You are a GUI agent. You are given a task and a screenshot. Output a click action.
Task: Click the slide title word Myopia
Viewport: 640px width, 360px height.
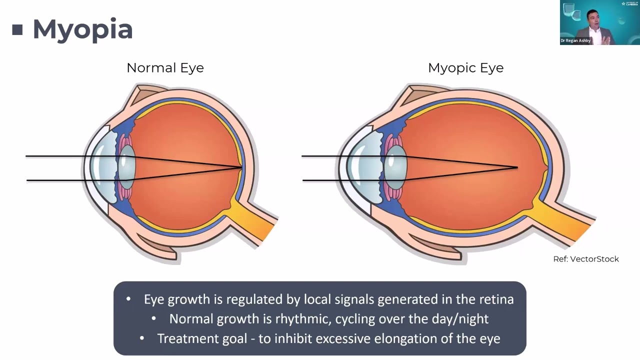coord(82,29)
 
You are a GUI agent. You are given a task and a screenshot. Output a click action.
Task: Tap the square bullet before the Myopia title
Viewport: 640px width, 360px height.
coord(17,30)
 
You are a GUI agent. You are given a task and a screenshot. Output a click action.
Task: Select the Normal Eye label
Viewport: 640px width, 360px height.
coord(165,68)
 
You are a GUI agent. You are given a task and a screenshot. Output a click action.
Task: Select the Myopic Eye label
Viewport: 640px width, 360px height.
coord(465,68)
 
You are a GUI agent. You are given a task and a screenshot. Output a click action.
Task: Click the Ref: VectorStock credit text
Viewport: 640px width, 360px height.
coord(586,259)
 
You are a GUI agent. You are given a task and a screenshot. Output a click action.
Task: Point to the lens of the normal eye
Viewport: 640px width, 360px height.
coord(126,167)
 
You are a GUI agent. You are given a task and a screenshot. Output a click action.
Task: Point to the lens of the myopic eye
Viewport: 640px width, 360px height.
coord(396,167)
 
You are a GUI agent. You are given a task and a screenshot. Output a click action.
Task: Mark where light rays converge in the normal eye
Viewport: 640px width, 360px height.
coord(242,167)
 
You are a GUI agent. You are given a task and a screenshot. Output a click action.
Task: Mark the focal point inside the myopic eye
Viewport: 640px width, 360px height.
coord(516,167)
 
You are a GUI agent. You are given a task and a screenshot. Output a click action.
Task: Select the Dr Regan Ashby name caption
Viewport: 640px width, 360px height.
coord(576,40)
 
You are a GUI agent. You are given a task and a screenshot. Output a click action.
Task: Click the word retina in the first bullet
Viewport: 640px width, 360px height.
coord(496,299)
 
